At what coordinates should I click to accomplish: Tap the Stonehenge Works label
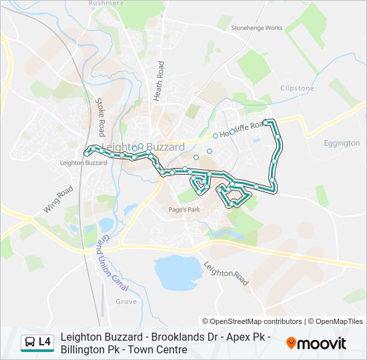pyautogui.click(x=257, y=28)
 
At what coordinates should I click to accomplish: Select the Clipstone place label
pyautogui.click(x=297, y=88)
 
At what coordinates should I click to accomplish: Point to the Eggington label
pyautogui.click(x=342, y=143)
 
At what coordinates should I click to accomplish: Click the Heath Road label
pyautogui.click(x=159, y=81)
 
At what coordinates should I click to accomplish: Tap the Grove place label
pyautogui.click(x=125, y=302)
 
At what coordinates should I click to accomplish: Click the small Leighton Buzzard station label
pyautogui.click(x=83, y=163)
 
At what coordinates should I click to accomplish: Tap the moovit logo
pyautogui.click(x=316, y=343)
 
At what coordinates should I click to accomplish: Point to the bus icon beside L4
pyautogui.click(x=29, y=343)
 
